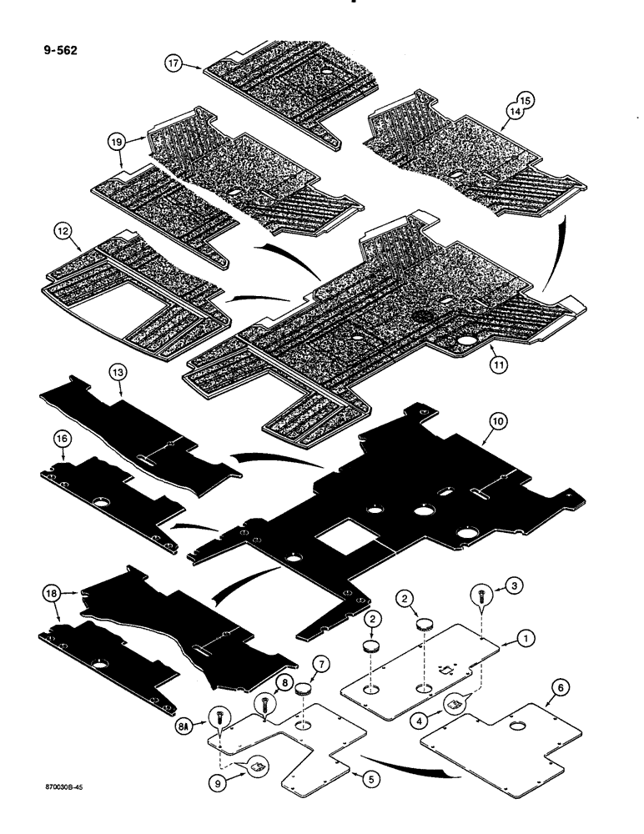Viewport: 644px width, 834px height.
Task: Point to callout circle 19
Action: [117, 143]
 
